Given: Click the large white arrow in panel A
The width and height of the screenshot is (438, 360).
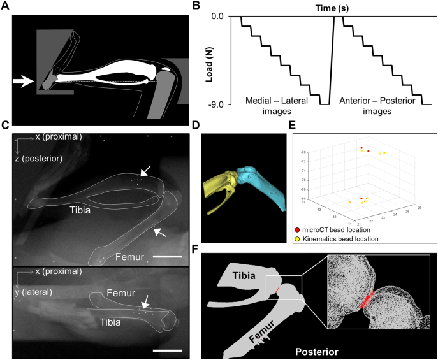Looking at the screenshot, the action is [24, 81].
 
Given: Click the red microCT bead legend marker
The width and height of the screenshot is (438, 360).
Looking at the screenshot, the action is [297, 229].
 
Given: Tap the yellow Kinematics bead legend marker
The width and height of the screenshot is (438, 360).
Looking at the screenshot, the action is [297, 238].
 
